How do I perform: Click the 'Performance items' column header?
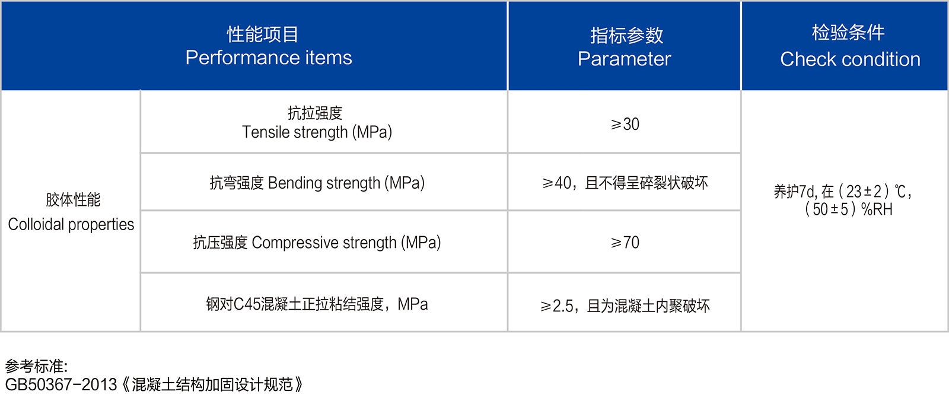point(269,58)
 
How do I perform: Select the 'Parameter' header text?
point(624,59)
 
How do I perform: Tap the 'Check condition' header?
point(850,59)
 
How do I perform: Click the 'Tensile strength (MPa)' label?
point(317,132)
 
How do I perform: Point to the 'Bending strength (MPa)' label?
point(346,183)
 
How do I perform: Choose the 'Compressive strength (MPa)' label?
point(346,243)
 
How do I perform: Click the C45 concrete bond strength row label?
point(317,304)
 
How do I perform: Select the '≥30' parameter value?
point(625,124)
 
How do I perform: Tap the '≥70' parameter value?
point(625,243)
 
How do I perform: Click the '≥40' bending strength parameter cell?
point(625,183)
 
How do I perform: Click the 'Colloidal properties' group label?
point(71,225)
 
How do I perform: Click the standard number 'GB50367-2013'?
point(60,385)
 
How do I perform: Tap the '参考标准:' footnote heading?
point(36,366)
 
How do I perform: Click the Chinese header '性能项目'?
point(263,34)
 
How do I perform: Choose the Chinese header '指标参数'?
point(626,36)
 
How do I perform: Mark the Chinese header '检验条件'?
point(848,33)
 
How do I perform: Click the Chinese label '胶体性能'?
point(73,199)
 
